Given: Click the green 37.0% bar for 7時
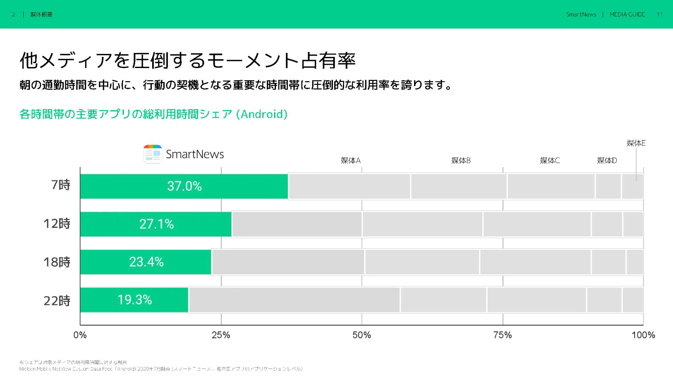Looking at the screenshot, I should pyautogui.click(x=184, y=186).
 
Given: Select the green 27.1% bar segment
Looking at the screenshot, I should pyautogui.click(x=156, y=224).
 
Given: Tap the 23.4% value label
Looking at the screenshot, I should pyautogui.click(x=146, y=262).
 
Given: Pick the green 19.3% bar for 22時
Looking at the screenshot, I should pyautogui.click(x=134, y=300).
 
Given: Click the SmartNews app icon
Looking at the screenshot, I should pyautogui.click(x=153, y=154).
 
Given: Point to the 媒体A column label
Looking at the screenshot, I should pyautogui.click(x=350, y=160).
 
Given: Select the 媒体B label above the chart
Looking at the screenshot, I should pyautogui.click(x=461, y=160).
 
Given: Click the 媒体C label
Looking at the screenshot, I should pyautogui.click(x=549, y=160).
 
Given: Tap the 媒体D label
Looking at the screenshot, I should pyautogui.click(x=607, y=160).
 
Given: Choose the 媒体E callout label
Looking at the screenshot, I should pyautogui.click(x=636, y=143).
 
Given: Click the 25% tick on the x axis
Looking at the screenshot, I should pyautogui.click(x=221, y=335).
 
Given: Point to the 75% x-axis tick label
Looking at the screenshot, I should pyautogui.click(x=502, y=335).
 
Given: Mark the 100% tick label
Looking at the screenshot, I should pyautogui.click(x=643, y=335).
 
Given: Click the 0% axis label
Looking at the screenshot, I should pyautogui.click(x=80, y=335).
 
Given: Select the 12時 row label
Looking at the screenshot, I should pyautogui.click(x=57, y=224).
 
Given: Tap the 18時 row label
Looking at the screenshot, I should pyautogui.click(x=57, y=262).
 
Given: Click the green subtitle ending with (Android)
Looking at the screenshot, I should pyautogui.click(x=153, y=114).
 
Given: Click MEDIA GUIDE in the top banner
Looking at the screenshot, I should pyautogui.click(x=627, y=14).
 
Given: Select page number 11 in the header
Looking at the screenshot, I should pyautogui.click(x=659, y=14).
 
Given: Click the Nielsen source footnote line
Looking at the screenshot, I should pyautogui.click(x=161, y=369).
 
